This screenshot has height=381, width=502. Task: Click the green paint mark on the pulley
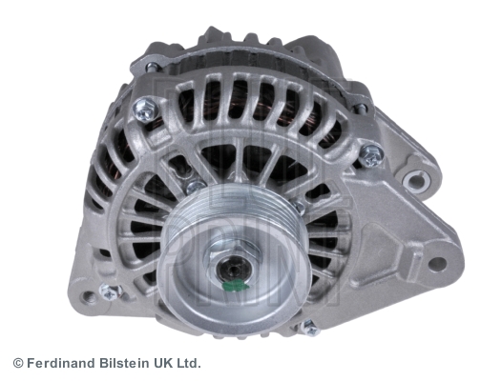pos(238,285)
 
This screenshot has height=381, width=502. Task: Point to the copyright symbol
pos(18,364)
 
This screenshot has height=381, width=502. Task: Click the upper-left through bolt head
pos(145,109)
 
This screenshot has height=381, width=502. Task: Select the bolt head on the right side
pos(371,155)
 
